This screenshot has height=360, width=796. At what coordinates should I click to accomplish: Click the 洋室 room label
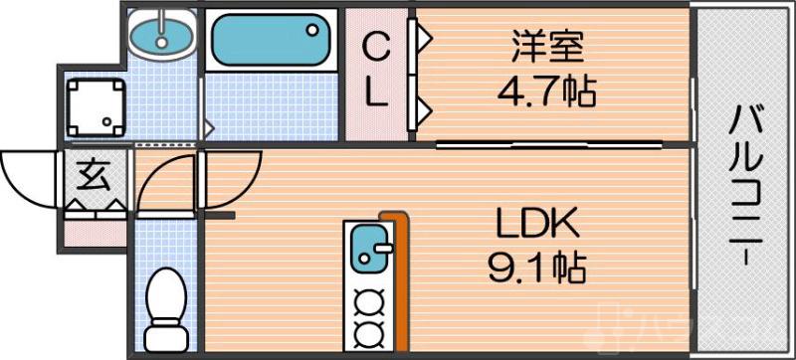click(546, 48)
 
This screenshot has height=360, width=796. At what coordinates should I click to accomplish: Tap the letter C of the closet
click(374, 46)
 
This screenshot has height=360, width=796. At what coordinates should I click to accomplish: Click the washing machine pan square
click(95, 108)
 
